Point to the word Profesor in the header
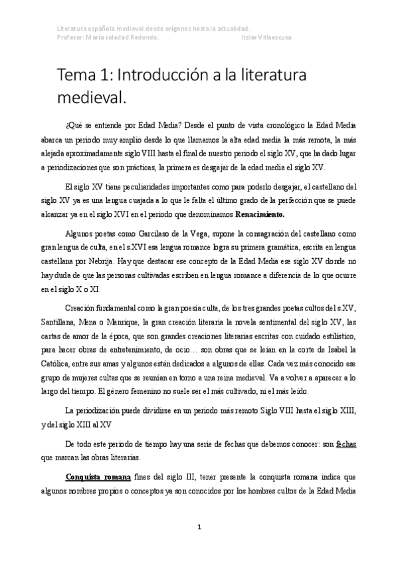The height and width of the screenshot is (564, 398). pos(71,37)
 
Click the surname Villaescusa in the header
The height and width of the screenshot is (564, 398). pos(278,37)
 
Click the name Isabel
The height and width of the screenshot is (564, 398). pos(339,351)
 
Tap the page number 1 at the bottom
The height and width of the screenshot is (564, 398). pos(199,527)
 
